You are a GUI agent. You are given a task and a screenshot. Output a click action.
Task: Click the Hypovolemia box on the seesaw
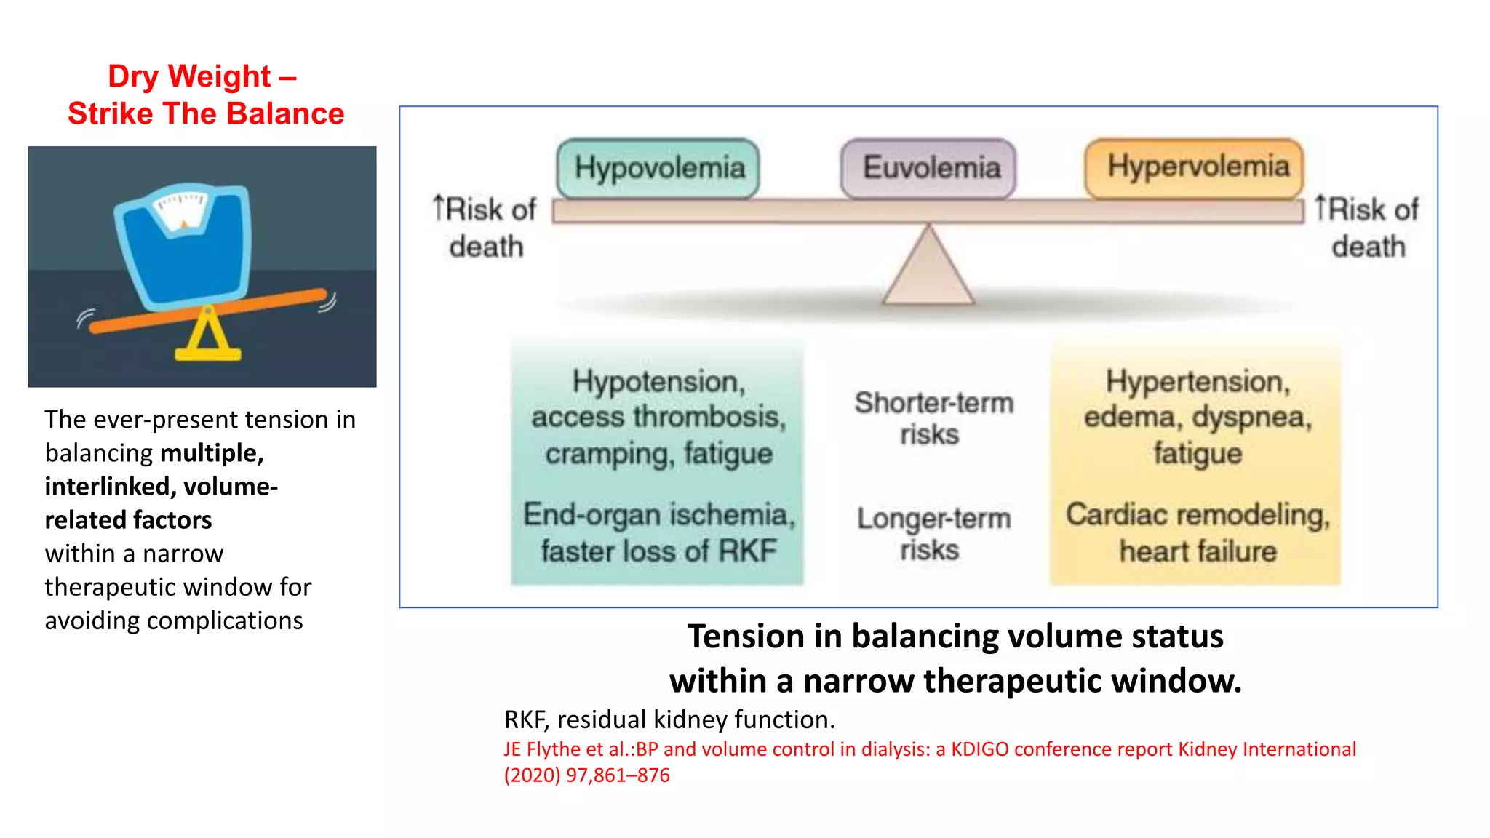pyautogui.click(x=658, y=168)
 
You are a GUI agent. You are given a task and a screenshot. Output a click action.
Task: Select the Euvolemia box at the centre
pyautogui.click(x=928, y=168)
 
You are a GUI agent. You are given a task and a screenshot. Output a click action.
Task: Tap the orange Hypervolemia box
pyautogui.click(x=1195, y=167)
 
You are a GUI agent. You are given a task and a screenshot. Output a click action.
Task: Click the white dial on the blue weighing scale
pyautogui.click(x=180, y=210)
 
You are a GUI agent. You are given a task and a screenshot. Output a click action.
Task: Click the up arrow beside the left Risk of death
pyautogui.click(x=438, y=207)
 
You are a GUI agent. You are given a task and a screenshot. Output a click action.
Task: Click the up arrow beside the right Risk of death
pyautogui.click(x=1321, y=207)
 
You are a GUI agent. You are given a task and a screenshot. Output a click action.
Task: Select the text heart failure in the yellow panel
pyautogui.click(x=1198, y=551)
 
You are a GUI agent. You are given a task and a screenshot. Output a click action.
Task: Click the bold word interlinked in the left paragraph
pyautogui.click(x=107, y=486)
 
